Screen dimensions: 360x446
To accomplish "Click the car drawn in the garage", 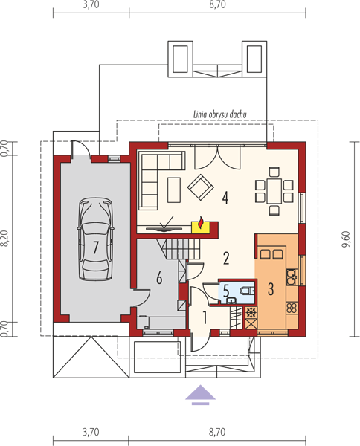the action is coord(95,239).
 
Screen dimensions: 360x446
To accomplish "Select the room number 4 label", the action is coord(225,198).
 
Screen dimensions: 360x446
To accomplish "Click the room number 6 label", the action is coord(159,277).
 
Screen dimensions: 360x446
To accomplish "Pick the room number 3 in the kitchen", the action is coord(271,288).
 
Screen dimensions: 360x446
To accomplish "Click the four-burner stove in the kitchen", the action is coord(292,308).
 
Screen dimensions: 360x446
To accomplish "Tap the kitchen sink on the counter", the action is coord(292,277).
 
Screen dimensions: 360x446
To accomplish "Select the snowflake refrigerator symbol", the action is coord(251,313).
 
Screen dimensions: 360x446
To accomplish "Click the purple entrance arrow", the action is coord(200,394).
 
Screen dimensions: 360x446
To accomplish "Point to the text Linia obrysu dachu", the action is coord(219,114).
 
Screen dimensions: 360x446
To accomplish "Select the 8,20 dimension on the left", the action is coord(5,239).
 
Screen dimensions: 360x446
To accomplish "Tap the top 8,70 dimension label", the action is coord(217,5).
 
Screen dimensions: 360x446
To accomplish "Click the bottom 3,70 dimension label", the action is coord(91,433).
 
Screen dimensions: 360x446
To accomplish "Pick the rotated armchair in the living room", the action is coord(201,187).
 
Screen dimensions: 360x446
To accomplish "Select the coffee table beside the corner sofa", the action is coord(174,190).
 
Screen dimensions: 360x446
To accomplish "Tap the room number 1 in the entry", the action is coord(205,317).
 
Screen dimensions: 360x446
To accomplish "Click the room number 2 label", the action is coord(226,258).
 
